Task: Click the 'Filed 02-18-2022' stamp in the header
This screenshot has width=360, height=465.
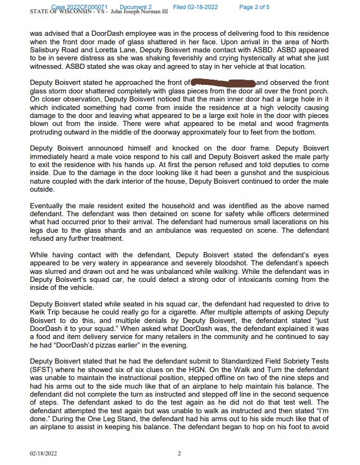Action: point(195,7)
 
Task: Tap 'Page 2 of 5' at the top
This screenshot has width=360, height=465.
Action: point(254,7)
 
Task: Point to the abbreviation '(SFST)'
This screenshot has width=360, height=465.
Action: point(42,369)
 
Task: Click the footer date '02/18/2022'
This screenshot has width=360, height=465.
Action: point(43,453)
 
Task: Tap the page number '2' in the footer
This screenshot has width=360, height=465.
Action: point(179,453)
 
